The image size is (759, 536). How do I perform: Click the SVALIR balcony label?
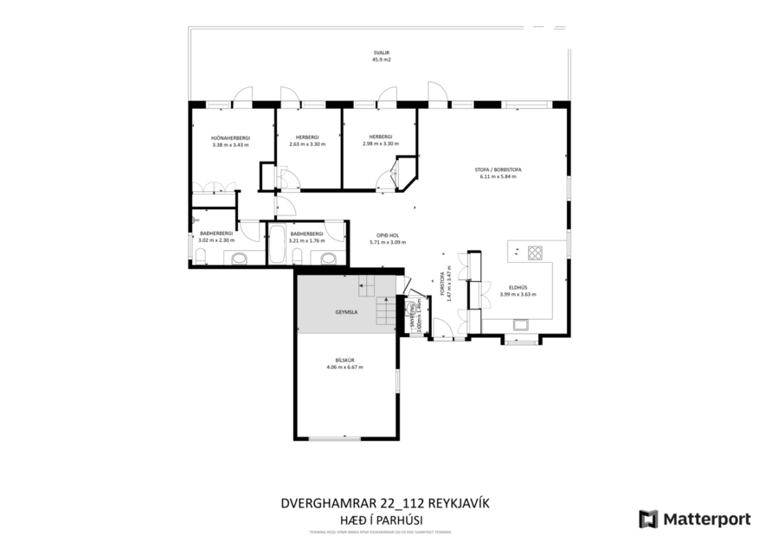(x=376, y=53)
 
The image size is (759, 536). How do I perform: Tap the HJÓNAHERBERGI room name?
(x=229, y=137)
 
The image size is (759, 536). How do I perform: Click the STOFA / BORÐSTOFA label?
(x=497, y=169)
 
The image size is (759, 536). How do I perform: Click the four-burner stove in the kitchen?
(x=535, y=252)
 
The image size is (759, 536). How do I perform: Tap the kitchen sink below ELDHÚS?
(x=522, y=325)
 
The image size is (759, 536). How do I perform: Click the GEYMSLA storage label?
(x=347, y=311)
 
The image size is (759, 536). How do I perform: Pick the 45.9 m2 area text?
(x=376, y=61)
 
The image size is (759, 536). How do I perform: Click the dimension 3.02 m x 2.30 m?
(x=215, y=240)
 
